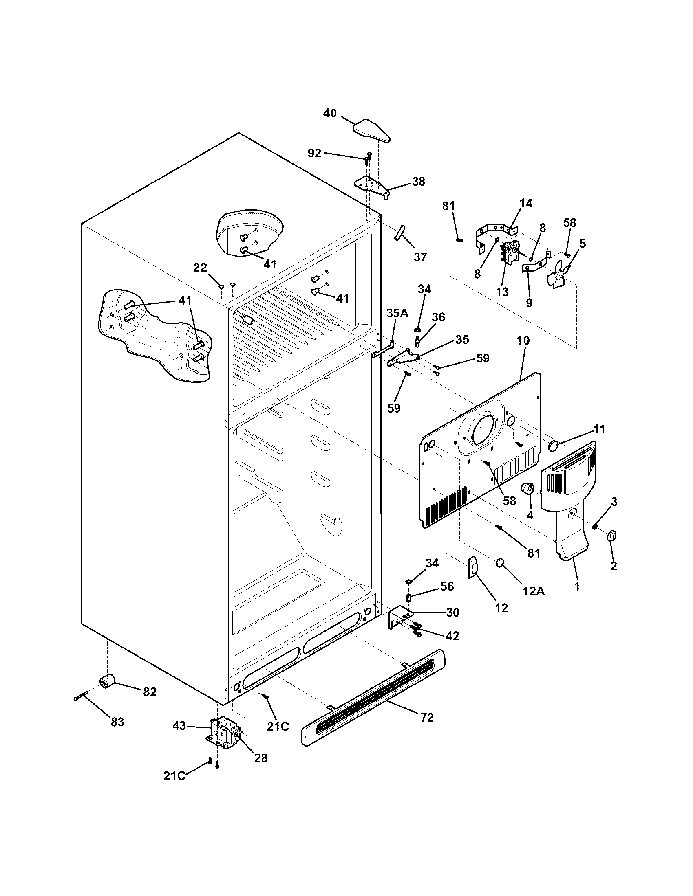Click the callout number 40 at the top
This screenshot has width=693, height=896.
click(x=330, y=113)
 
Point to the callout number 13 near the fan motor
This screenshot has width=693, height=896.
click(x=502, y=292)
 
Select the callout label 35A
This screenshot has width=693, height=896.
click(x=397, y=314)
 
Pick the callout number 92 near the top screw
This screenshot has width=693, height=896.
click(x=314, y=153)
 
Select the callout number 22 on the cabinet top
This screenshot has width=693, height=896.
click(x=200, y=268)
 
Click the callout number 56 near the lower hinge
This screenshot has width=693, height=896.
click(x=447, y=586)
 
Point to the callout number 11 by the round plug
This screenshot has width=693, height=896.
click(x=599, y=430)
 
